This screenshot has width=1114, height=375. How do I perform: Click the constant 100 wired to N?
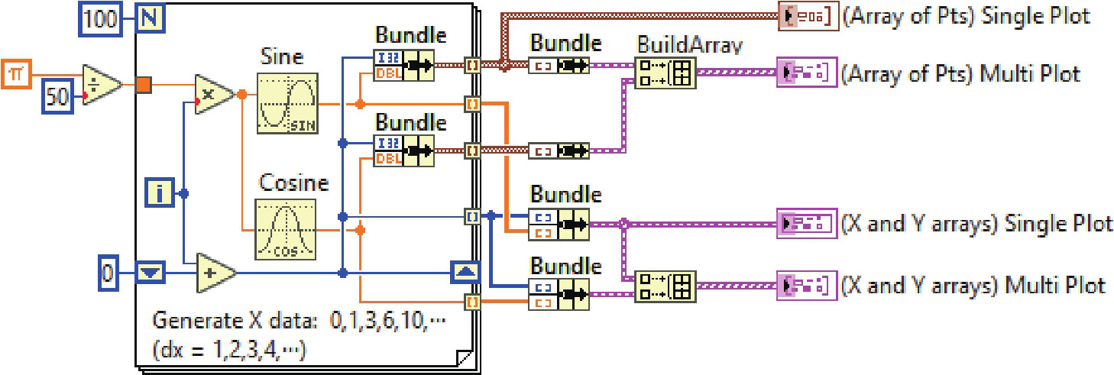pos(100,18)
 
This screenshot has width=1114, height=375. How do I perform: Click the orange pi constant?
pos(15,74)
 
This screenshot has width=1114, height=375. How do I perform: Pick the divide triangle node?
pos(101,85)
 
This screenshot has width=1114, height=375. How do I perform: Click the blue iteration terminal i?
pos(159,195)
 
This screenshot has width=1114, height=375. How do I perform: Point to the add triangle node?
pos(215,272)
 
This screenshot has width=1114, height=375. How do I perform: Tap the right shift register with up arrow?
pos(465,272)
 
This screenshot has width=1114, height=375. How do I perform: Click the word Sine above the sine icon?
pos(282,57)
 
